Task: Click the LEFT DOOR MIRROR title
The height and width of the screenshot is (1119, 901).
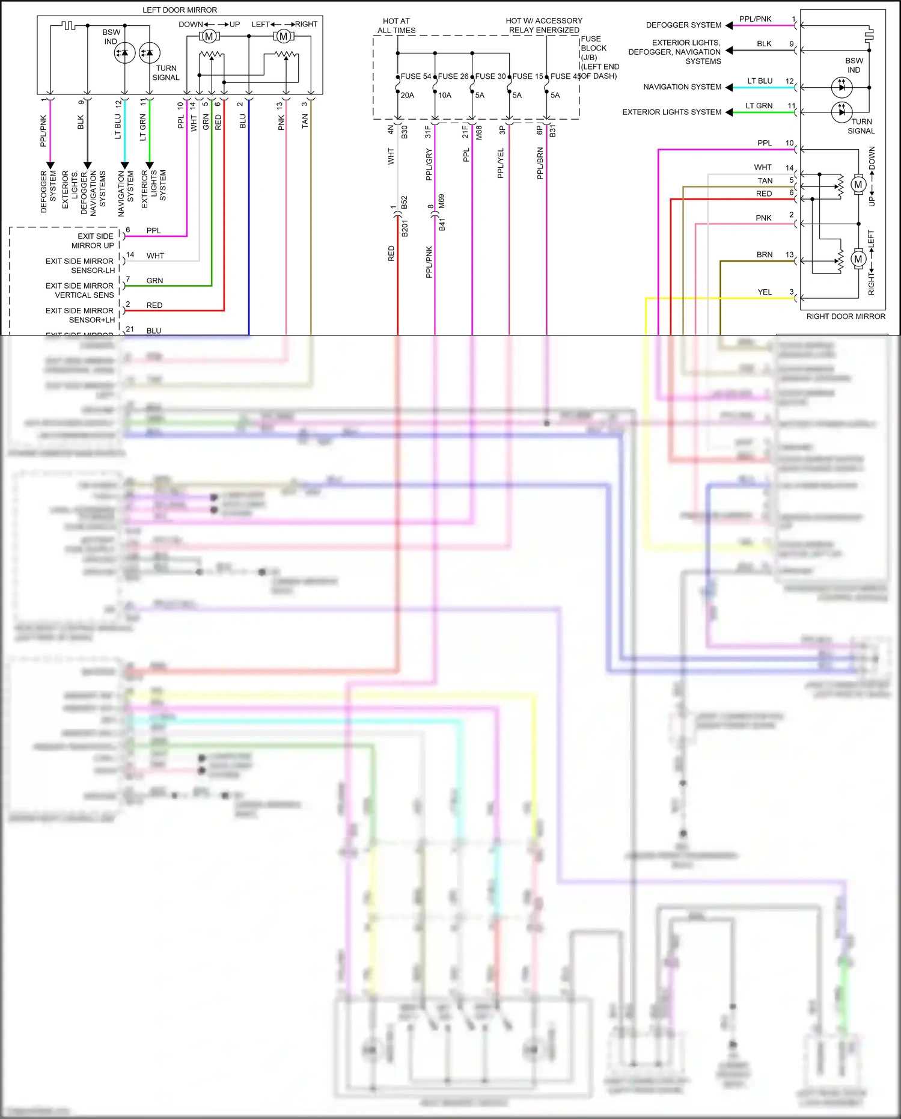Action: (180, 10)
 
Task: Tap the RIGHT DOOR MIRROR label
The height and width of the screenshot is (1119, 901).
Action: (845, 316)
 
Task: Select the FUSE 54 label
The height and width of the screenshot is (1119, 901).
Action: (416, 76)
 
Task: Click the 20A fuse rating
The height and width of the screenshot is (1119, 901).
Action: (408, 95)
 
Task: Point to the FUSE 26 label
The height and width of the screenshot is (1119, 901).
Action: (453, 76)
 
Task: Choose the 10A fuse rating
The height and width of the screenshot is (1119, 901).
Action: (445, 95)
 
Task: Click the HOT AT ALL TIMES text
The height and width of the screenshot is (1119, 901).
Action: (396, 25)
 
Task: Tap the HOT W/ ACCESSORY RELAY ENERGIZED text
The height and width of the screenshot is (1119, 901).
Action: (544, 25)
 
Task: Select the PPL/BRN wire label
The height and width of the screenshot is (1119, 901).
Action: (540, 163)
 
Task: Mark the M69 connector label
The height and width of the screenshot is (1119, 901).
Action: (441, 201)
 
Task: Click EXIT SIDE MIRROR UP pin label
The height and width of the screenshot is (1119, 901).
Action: (93, 241)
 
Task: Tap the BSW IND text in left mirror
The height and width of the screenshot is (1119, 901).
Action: (111, 37)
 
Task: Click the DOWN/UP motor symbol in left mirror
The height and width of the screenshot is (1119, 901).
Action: (209, 37)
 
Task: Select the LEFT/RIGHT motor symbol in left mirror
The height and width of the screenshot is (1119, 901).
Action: (283, 37)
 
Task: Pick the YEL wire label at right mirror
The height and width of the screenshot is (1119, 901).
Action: (765, 292)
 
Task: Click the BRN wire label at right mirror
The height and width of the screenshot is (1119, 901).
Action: (765, 255)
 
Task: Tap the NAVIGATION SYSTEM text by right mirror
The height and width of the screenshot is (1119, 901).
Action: (682, 87)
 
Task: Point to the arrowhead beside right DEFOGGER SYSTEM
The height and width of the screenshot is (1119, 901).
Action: (729, 25)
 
